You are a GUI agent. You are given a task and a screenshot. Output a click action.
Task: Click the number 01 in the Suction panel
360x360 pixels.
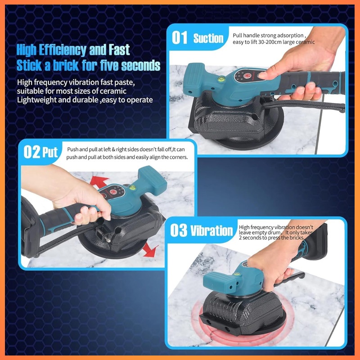click(180, 38)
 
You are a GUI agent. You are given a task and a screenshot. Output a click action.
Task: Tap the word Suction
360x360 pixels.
click(208, 38)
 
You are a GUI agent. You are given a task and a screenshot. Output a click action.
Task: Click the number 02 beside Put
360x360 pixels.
click(32, 152)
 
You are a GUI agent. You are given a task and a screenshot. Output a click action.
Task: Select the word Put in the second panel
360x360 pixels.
click(50, 153)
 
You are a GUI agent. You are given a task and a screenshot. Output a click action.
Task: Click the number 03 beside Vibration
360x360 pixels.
click(178, 230)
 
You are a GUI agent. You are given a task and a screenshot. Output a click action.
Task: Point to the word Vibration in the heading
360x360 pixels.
click(211, 231)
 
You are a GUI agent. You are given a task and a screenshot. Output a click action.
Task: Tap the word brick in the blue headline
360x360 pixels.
click(66, 65)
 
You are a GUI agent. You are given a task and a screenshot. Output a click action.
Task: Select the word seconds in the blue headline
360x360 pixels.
click(140, 66)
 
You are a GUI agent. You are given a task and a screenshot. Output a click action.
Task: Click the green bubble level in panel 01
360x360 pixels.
click(221, 79)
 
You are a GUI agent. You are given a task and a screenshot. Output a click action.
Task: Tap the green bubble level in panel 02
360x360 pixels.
click(132, 188)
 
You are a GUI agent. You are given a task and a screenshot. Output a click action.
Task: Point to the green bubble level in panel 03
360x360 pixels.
click(236, 274)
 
